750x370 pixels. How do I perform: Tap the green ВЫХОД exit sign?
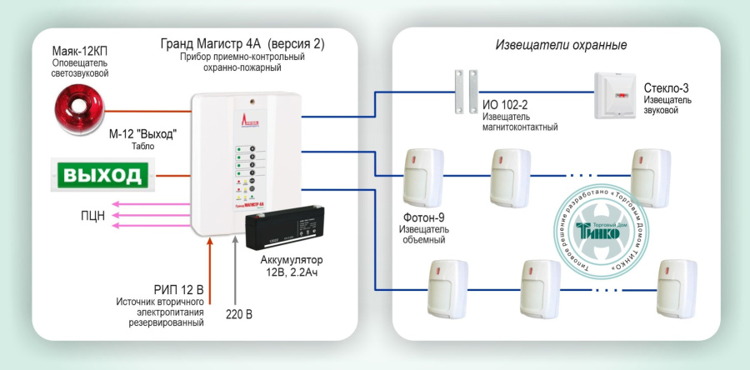(x=103, y=176)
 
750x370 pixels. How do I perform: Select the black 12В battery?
(x=281, y=232)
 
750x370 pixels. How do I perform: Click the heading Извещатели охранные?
(x=561, y=45)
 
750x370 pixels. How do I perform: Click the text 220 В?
(x=240, y=314)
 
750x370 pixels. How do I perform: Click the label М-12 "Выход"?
(x=142, y=133)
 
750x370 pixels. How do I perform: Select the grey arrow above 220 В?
(x=239, y=267)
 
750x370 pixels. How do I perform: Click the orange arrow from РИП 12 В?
(x=210, y=267)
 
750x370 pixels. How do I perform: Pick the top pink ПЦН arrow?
(x=150, y=202)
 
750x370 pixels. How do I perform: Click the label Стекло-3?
(x=666, y=87)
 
